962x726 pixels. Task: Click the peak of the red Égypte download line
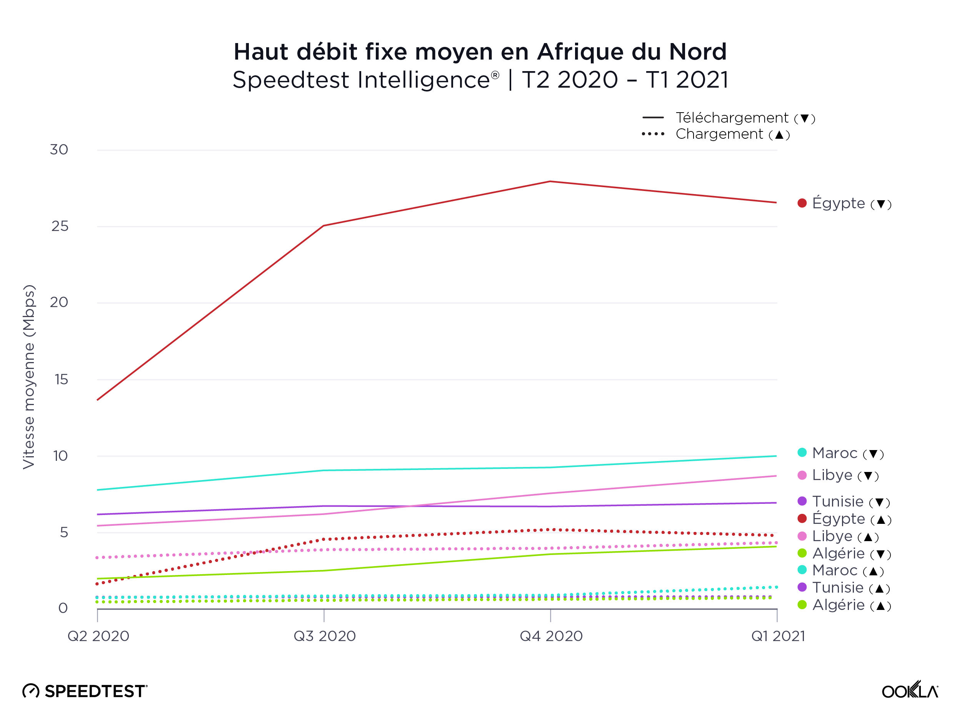pyautogui.click(x=550, y=182)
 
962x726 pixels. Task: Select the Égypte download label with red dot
pyautogui.click(x=844, y=203)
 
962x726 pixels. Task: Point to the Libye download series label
pyautogui.click(x=838, y=475)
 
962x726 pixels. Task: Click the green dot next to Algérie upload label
pyautogui.click(x=802, y=605)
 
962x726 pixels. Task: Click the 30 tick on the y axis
pyautogui.click(x=59, y=150)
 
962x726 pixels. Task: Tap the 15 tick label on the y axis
pyautogui.click(x=61, y=380)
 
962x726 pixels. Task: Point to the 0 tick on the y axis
pyautogui.click(x=63, y=608)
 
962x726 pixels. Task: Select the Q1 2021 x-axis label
pyautogui.click(x=778, y=636)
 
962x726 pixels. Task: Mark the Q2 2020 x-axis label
pyautogui.click(x=98, y=636)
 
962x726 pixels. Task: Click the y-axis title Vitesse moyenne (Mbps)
pyautogui.click(x=29, y=377)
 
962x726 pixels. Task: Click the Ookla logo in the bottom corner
pyautogui.click(x=909, y=690)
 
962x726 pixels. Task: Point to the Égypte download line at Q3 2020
pyautogui.click(x=324, y=226)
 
